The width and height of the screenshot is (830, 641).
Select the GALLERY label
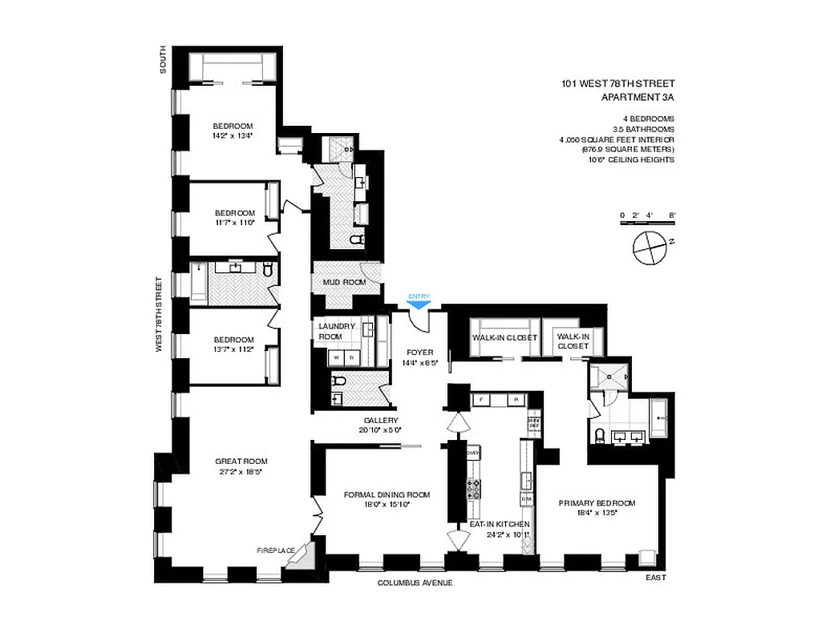[381, 420]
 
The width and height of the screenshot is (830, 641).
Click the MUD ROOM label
[344, 282]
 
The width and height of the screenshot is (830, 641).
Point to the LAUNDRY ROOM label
[336, 331]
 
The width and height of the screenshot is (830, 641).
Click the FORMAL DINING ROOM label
[387, 494]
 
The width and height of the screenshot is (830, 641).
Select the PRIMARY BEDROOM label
[597, 502]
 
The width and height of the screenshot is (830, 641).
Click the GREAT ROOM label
[241, 461]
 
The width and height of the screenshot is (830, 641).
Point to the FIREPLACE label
[275, 550]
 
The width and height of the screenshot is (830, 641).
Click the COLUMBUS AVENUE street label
[415, 583]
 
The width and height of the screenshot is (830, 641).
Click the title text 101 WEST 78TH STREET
[617, 83]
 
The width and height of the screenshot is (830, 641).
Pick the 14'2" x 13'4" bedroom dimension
[233, 135]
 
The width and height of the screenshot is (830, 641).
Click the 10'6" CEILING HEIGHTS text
[630, 159]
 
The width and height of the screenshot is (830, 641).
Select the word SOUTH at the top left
[163, 59]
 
